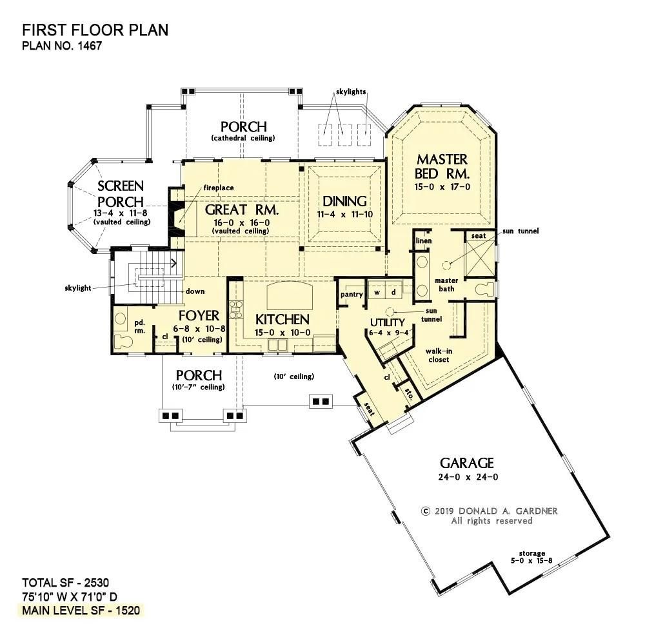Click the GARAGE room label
pyautogui.click(x=467, y=462)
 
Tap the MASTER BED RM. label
pyautogui.click(x=442, y=166)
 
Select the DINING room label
pyautogui.click(x=344, y=201)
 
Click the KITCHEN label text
pyautogui.click(x=282, y=319)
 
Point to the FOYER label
pyautogui.click(x=199, y=315)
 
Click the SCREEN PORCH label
pyautogui.click(x=121, y=194)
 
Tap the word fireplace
pyautogui.click(x=219, y=188)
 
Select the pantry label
pyautogui.click(x=352, y=294)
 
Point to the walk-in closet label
pyautogui.click(x=441, y=355)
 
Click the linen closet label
pyautogui.click(x=424, y=240)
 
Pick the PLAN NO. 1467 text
pyautogui.click(x=62, y=46)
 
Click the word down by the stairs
pyautogui.click(x=195, y=291)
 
